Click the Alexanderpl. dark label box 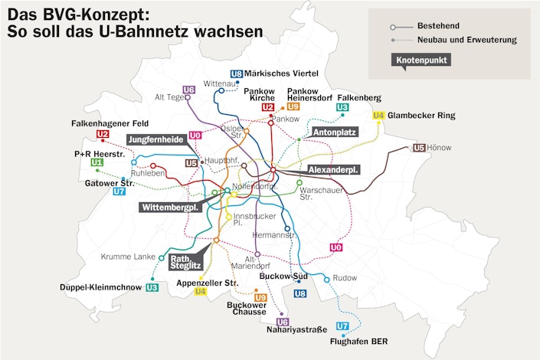(x=333, y=169)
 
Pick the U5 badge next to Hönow (x=419, y=148)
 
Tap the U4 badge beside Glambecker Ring (x=378, y=116)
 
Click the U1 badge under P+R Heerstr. (x=97, y=162)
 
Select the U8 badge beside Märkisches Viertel (x=237, y=74)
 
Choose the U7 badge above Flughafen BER (x=342, y=326)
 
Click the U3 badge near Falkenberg (x=342, y=108)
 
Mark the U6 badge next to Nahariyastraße (x=283, y=322)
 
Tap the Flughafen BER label (x=354, y=342)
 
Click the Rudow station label (x=346, y=277)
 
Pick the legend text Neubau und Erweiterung (x=466, y=39)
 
